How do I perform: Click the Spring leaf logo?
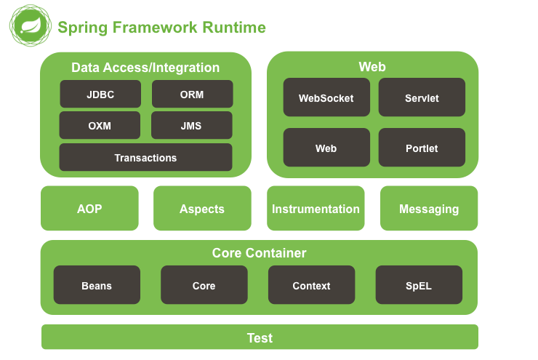click(31, 25)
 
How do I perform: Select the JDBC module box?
click(100, 94)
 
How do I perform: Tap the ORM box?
click(192, 94)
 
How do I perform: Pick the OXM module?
click(100, 125)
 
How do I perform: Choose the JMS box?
click(191, 125)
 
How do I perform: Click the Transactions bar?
click(145, 157)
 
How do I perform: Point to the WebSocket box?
click(326, 97)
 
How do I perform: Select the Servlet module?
click(422, 97)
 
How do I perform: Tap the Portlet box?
click(422, 148)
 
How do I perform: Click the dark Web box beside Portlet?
click(326, 148)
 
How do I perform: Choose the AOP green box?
click(89, 208)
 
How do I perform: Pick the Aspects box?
click(202, 208)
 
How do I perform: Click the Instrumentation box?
click(316, 208)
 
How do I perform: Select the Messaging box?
click(429, 208)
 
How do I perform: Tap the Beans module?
click(97, 285)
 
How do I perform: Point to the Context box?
click(312, 285)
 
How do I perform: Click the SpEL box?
click(419, 285)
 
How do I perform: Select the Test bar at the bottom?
click(260, 337)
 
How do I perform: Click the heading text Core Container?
click(259, 253)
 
